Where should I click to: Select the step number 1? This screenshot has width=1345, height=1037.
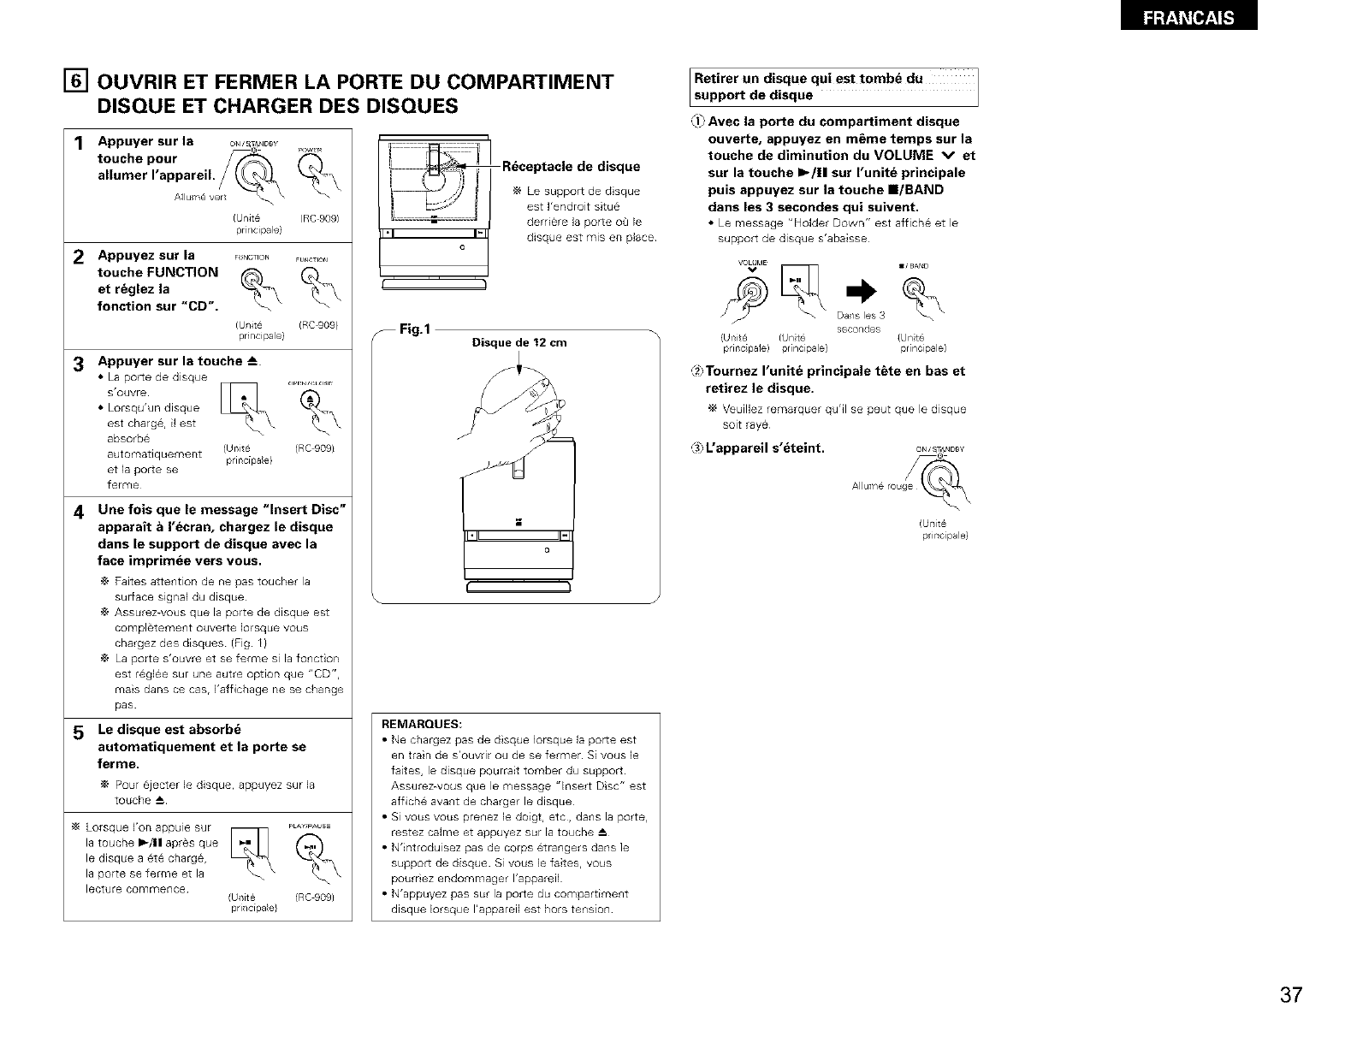click(x=77, y=145)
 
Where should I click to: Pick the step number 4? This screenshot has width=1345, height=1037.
click(x=77, y=513)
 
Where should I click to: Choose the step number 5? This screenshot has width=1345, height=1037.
click(x=77, y=733)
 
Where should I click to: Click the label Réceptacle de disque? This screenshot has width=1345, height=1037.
click(x=571, y=166)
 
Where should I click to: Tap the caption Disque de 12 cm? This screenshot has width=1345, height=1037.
click(x=519, y=343)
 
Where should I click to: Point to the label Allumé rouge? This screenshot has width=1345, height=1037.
click(x=882, y=486)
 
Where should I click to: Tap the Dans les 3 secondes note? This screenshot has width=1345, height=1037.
click(x=860, y=323)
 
